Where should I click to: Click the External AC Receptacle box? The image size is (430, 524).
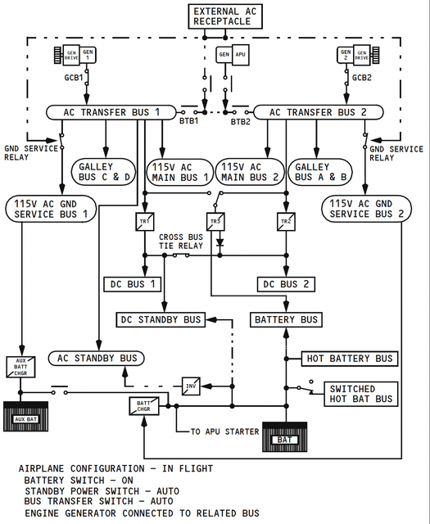tap(225, 16)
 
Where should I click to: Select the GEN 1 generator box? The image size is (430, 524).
tap(88, 55)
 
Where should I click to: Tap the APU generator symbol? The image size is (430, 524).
tap(233, 55)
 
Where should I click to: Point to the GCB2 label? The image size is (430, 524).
tap(362, 78)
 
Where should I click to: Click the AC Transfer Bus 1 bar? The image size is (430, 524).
tap(111, 112)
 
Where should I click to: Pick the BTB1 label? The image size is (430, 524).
tap(189, 120)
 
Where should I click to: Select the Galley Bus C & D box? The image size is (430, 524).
tap(104, 172)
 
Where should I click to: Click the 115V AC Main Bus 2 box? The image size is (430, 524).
tap(250, 172)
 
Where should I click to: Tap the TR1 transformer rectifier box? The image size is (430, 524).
tap(145, 222)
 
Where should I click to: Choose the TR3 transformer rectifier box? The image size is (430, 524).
tap(215, 222)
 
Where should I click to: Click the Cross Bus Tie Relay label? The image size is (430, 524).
tap(181, 242)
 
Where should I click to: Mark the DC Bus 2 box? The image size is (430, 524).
tap(286, 284)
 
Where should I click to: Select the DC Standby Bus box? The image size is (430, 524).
tap(161, 320)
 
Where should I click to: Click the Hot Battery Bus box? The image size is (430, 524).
tap(350, 359)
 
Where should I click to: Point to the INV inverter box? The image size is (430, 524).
tap(191, 386)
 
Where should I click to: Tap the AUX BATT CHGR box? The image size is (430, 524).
tap(20, 367)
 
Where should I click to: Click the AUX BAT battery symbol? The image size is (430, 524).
tap(25, 417)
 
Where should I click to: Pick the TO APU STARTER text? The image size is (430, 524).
tap(224, 431)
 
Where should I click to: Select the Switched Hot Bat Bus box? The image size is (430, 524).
tap(360, 394)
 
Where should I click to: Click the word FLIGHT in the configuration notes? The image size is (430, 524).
tap(196, 468)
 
